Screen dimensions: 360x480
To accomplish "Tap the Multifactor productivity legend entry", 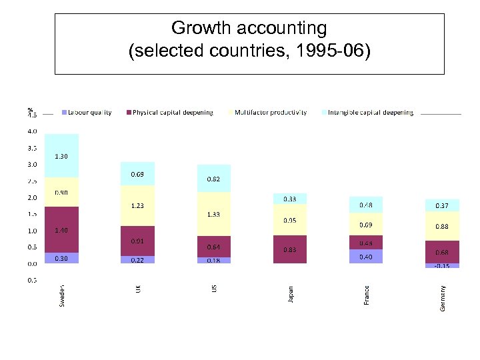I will (269, 113).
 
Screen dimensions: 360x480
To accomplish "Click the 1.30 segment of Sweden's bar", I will (61, 156).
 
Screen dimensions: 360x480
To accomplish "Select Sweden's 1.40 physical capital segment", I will (61, 229).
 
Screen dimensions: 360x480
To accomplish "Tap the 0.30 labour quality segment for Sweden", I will (61, 258).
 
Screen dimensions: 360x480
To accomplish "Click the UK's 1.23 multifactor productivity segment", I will (137, 205).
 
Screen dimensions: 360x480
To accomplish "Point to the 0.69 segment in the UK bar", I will (137, 173).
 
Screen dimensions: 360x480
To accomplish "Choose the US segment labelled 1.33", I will (213, 214).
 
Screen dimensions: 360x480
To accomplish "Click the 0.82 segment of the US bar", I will (213, 179).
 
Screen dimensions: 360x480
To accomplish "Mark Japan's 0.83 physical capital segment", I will (290, 249).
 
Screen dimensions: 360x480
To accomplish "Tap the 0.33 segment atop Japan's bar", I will (290, 199).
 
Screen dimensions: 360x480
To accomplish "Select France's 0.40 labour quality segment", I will (366, 257).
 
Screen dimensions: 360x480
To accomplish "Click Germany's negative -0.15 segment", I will (442, 266).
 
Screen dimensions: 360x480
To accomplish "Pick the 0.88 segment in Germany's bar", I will (442, 226).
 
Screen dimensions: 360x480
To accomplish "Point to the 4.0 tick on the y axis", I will (32, 131).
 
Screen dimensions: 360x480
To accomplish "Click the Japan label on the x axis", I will (291, 294).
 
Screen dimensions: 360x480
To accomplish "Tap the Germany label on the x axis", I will (443, 297).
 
